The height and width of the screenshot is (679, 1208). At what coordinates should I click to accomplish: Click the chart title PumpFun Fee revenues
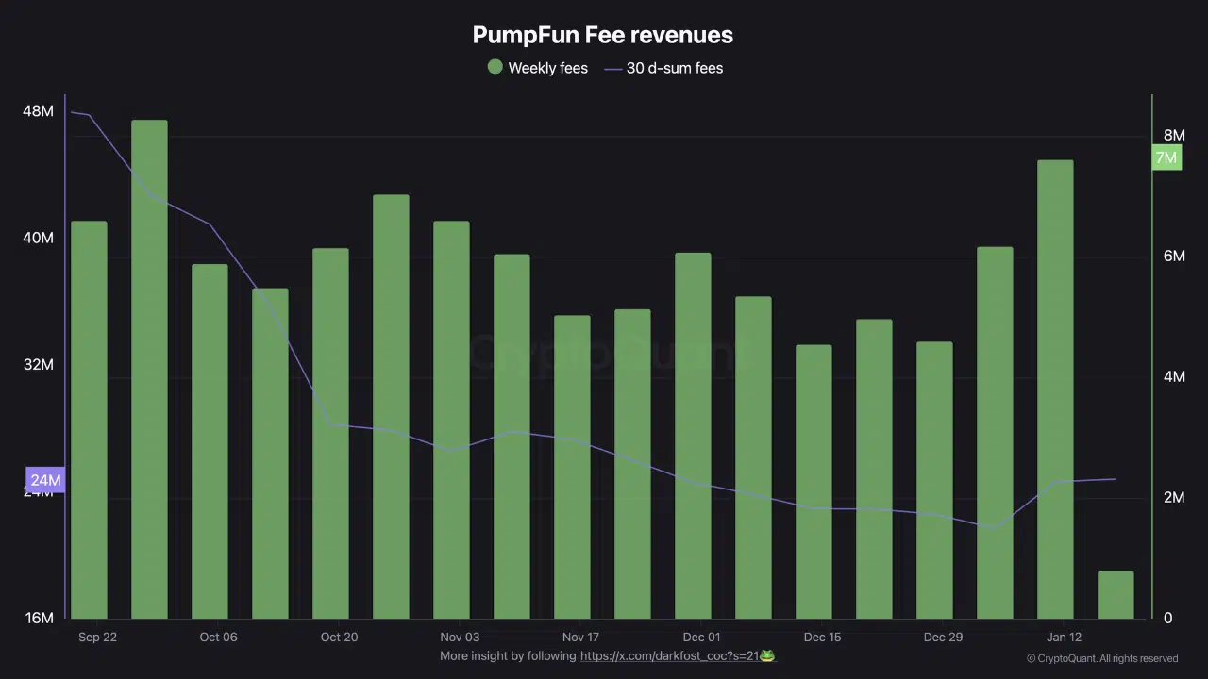point(602,35)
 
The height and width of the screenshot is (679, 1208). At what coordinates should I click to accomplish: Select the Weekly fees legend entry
point(537,68)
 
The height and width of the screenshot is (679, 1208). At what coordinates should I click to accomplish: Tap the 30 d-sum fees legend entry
point(663,68)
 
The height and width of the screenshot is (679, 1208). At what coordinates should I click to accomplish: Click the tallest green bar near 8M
point(149,368)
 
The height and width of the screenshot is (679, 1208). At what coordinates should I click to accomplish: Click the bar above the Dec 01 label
point(693,435)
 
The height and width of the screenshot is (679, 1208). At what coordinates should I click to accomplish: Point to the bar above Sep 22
point(89,420)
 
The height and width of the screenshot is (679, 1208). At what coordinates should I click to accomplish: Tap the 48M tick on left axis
point(38,111)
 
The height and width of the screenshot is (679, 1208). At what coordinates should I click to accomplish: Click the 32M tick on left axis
point(38,365)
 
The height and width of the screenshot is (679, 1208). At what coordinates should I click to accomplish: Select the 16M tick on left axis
point(38,619)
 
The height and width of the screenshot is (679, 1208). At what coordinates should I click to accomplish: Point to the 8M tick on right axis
point(1174,136)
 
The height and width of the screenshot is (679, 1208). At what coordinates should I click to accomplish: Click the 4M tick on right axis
point(1174,377)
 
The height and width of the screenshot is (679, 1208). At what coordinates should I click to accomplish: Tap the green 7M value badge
point(1166,157)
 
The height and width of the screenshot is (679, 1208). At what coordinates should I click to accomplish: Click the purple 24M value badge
point(45,480)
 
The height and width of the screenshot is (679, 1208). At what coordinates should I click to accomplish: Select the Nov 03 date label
point(460,638)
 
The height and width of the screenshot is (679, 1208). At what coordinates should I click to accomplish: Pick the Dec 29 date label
point(943,638)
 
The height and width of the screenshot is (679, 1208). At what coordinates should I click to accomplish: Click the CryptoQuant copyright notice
point(1102,658)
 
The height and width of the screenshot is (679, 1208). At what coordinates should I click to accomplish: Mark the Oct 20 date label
point(339,638)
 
